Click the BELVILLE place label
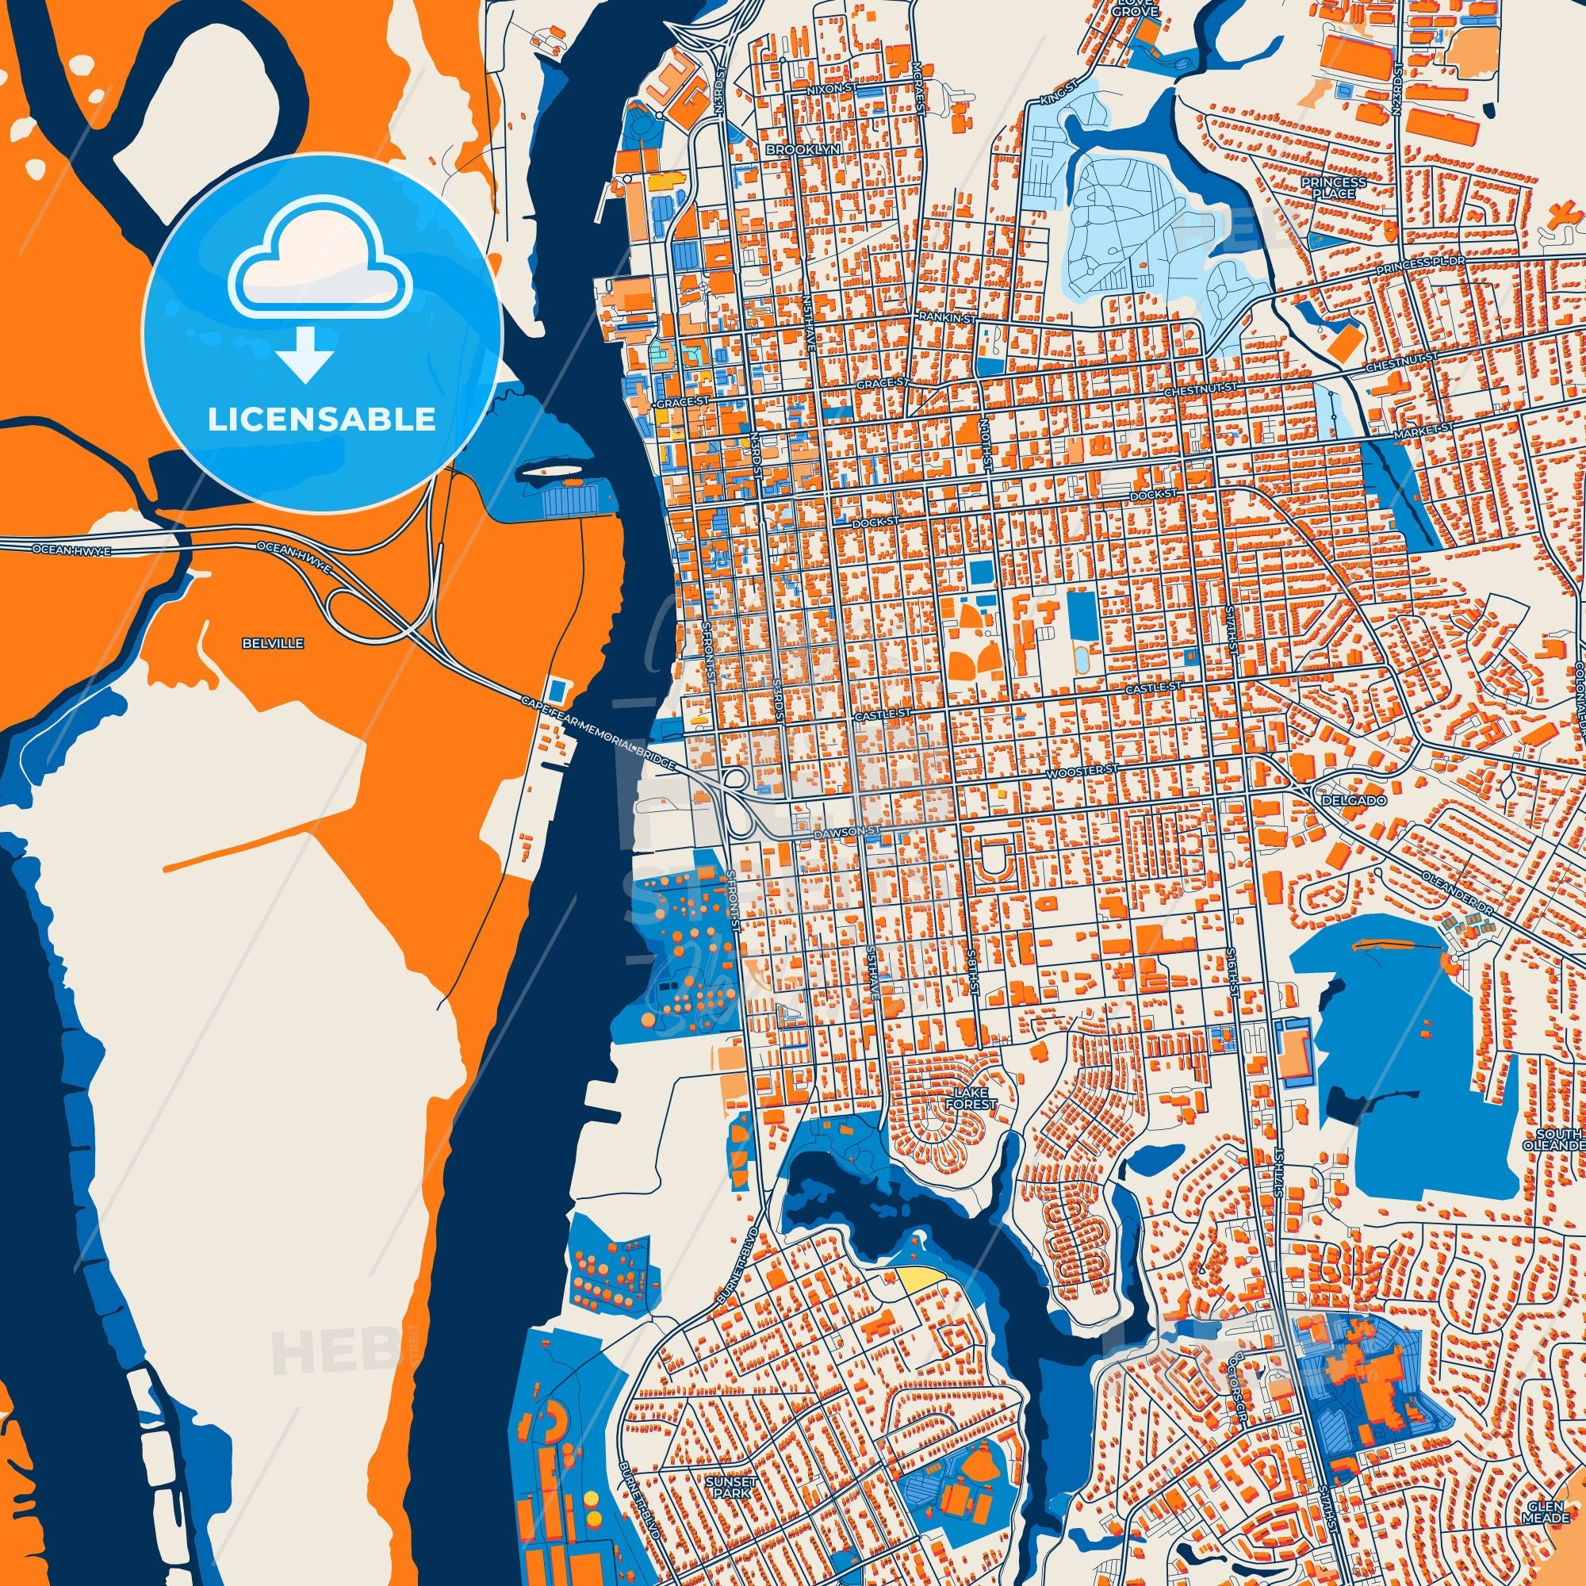point(262,644)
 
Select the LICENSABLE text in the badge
point(321,419)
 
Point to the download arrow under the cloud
point(305,352)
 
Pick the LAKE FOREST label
point(973,1098)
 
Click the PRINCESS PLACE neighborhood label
point(1339,186)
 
